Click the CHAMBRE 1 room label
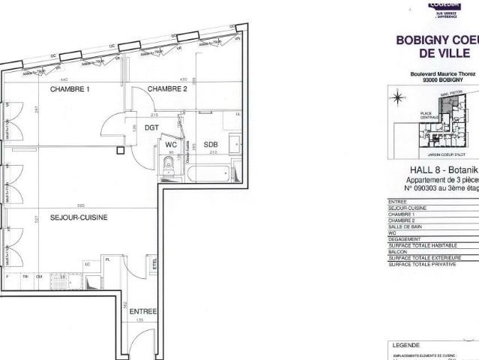click(x=70, y=89)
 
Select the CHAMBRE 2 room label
click(x=166, y=89)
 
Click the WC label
click(x=171, y=145)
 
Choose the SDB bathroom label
click(x=211, y=145)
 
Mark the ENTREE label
click(x=143, y=310)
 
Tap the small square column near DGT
click(x=119, y=150)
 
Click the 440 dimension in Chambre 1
click(x=64, y=79)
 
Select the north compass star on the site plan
click(x=399, y=96)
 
